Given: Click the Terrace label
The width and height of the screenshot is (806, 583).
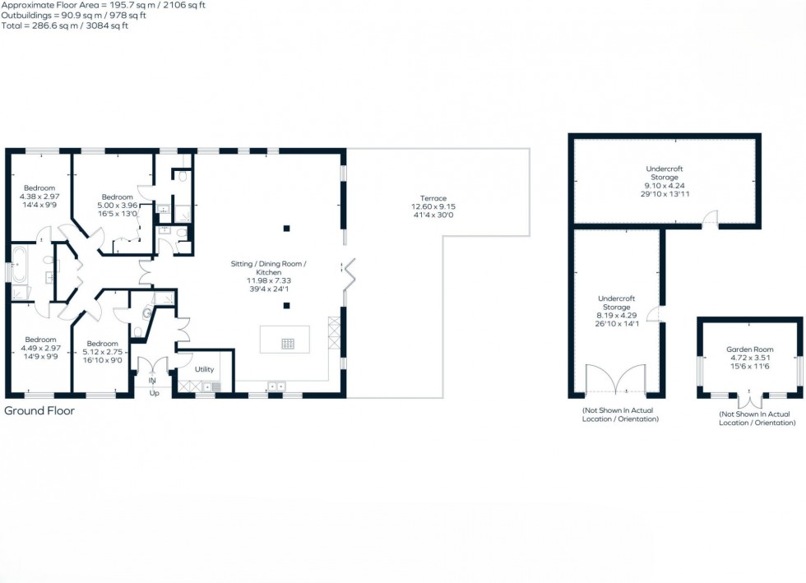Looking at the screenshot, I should point(433,198).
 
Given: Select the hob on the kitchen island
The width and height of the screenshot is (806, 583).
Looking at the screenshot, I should point(288,344).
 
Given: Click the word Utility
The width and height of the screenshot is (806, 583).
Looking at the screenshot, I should point(204,369).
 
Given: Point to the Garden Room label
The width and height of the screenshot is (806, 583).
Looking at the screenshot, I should point(749,349).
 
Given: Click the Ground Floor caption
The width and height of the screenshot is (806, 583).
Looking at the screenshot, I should point(39,410).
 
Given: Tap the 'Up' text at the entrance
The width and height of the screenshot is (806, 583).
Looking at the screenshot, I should point(153,393).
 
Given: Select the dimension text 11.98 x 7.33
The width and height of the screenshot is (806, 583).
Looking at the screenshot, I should point(270,280).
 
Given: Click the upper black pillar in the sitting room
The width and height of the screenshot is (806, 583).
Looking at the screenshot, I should point(286,228).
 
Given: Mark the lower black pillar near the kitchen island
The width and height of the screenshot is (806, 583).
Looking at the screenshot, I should point(286,306).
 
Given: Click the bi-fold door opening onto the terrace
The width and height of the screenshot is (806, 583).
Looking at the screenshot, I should point(349,271).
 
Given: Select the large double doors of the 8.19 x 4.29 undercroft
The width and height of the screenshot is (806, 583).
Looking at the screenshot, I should point(615,380).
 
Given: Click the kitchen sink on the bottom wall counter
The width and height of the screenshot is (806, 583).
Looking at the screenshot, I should point(274,384).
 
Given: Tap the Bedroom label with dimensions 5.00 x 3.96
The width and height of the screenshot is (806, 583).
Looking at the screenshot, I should point(117,197).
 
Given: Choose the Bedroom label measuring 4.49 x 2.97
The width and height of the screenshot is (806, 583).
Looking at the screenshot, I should point(40,340).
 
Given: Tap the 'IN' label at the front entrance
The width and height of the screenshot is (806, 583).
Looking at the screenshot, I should point(152,382).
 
